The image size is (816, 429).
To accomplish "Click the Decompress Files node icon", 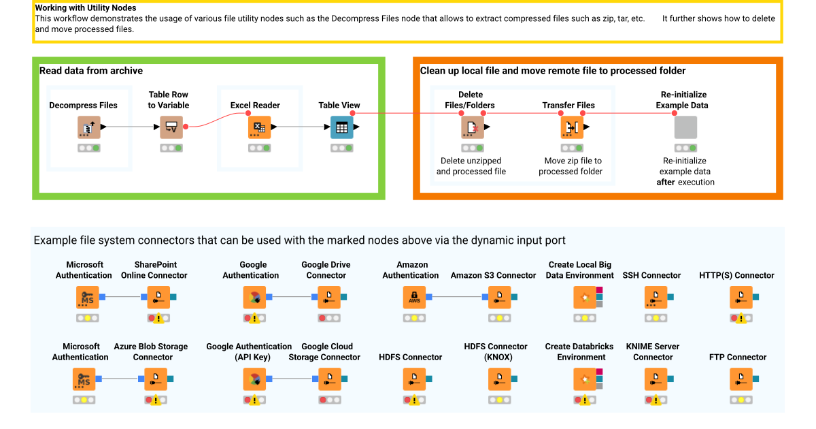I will click(89, 127).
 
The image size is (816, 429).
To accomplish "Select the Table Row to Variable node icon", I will click(171, 127).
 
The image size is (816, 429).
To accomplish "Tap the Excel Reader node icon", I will click(259, 127).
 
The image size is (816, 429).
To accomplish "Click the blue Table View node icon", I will click(341, 127).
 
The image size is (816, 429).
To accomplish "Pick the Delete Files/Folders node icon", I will click(472, 127).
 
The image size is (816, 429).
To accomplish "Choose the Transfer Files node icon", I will click(571, 127).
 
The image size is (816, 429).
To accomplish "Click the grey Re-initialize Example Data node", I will click(685, 127).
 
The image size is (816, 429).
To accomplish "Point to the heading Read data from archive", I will click(91, 71).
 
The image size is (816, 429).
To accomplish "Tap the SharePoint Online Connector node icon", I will click(158, 297).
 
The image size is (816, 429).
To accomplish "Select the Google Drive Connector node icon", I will click(329, 297).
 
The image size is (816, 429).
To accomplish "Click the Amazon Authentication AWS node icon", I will click(413, 297).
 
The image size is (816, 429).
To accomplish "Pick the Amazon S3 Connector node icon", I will click(499, 297).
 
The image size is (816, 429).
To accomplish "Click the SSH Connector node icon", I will click(655, 297).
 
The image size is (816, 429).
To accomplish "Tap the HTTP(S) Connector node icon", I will click(741, 297).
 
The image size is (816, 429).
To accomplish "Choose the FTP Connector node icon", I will click(741, 379).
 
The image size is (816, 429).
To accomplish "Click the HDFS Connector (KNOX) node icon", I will click(499, 379).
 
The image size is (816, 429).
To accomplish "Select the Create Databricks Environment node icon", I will click(584, 379).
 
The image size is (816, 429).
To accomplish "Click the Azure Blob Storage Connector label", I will click(150, 351).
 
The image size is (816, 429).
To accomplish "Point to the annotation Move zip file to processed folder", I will click(571, 166).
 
